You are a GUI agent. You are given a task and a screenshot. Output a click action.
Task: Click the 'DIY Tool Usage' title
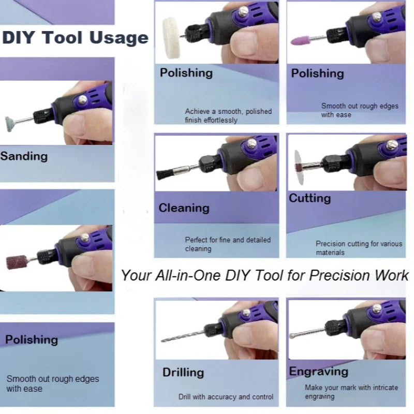[x=75, y=38]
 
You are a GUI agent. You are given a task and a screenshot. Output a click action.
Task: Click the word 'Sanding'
[x=24, y=156]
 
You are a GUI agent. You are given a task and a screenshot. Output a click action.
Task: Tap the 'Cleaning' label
[x=184, y=208]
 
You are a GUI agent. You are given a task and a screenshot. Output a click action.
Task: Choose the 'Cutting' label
[x=309, y=198]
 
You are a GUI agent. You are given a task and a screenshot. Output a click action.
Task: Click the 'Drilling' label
[x=183, y=372]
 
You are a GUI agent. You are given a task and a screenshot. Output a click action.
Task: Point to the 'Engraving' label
[x=318, y=372]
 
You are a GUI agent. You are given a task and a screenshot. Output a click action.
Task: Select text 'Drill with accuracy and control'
[x=226, y=397]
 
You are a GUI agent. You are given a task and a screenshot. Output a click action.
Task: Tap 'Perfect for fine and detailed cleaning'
[x=228, y=244]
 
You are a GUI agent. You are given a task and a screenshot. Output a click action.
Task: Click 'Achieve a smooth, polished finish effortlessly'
[x=228, y=115]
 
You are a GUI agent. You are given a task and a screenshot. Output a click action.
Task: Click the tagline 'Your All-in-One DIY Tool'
[x=264, y=275]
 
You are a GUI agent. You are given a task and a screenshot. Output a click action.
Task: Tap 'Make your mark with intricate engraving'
[x=351, y=392]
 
